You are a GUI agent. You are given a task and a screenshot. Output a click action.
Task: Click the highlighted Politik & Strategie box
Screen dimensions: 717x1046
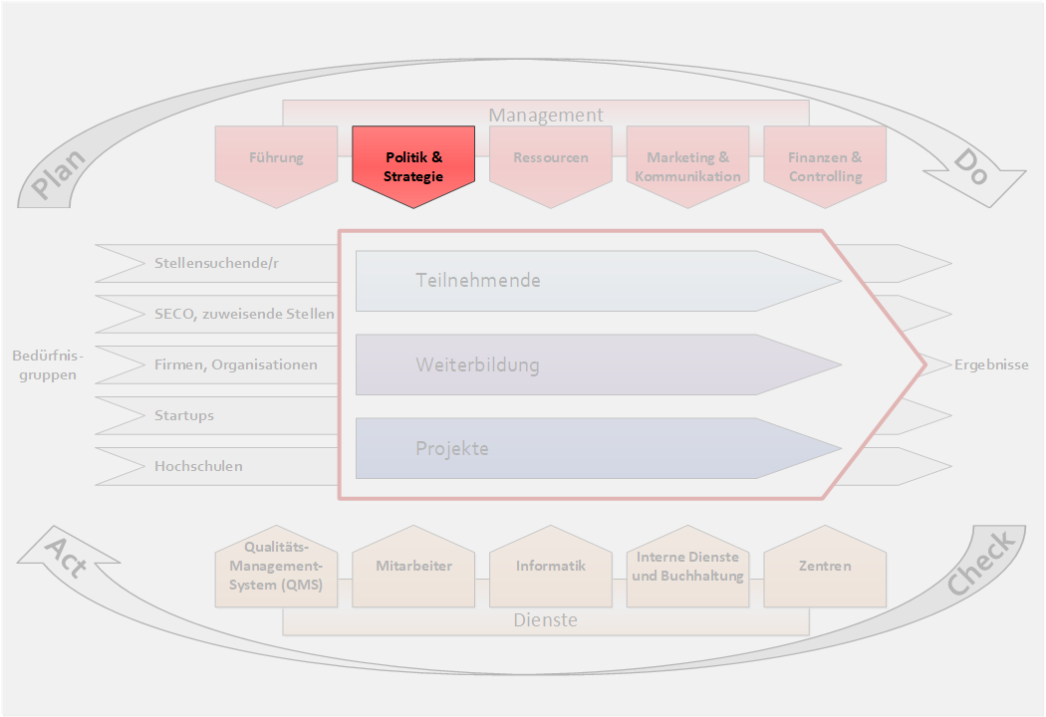413,166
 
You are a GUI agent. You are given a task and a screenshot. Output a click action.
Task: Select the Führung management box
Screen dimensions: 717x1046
276,158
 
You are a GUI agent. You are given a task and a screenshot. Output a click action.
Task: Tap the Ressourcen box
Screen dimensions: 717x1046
551,158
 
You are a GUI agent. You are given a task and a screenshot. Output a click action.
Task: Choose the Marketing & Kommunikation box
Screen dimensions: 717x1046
687,166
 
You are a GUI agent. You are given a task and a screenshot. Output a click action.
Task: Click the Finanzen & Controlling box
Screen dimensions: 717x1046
825,166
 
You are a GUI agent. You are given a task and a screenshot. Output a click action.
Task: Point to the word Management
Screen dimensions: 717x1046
545,115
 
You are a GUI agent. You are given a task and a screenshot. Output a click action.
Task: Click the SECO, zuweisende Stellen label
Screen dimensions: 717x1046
244,314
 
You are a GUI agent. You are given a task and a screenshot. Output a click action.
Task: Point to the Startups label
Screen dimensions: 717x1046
184,415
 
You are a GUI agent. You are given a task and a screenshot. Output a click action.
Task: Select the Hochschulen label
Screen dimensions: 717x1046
198,465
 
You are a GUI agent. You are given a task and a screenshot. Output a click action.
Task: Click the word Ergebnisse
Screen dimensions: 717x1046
990,364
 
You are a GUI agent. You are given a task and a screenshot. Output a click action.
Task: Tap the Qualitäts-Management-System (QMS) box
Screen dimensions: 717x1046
276,566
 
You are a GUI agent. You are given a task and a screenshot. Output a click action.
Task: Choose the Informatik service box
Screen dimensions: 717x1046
551,566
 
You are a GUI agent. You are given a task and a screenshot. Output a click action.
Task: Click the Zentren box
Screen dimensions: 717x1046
825,566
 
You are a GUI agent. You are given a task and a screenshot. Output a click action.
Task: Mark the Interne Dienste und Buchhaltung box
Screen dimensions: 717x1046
687,566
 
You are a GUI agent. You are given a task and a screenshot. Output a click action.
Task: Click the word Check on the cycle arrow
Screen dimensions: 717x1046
981,564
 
